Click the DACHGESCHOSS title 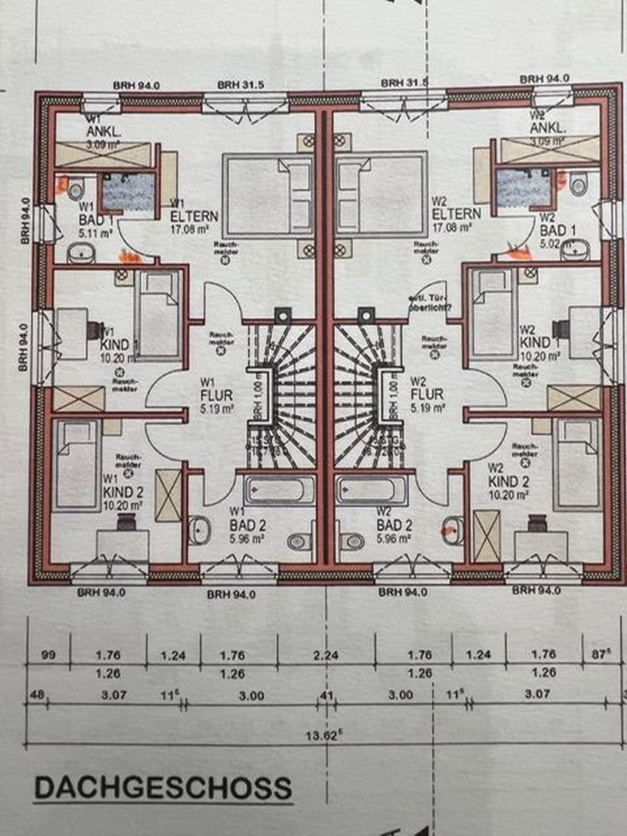(x=163, y=788)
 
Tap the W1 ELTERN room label (x=195, y=216)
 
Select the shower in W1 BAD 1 (x=128, y=191)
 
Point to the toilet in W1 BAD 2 (x=300, y=541)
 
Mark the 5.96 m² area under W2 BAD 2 (x=394, y=537)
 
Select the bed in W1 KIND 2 (x=78, y=464)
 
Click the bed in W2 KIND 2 (x=577, y=462)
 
